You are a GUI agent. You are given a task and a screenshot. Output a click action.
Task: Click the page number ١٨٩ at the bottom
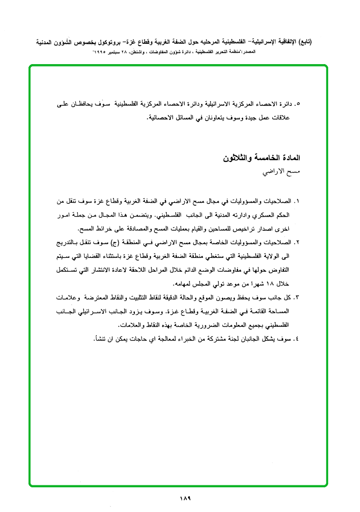pos(185,498)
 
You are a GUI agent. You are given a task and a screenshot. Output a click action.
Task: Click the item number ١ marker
pos(297,201)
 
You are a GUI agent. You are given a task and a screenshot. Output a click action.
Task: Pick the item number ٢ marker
pos(297,243)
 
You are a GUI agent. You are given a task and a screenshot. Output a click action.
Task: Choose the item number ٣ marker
pos(297,297)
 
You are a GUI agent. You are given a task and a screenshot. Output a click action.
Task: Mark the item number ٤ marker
pos(297,339)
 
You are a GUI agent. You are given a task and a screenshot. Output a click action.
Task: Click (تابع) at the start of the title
pos(317,42)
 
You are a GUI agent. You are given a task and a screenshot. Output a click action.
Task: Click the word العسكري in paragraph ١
pos(271,215)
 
